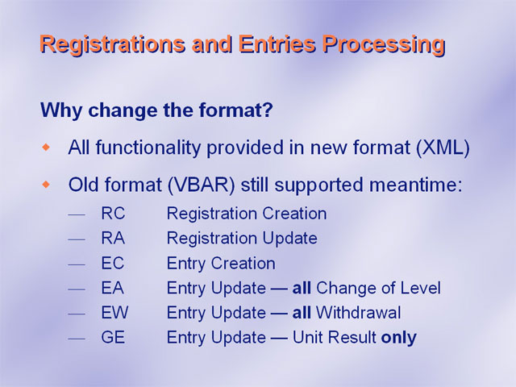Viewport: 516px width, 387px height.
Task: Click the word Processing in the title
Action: click(x=384, y=45)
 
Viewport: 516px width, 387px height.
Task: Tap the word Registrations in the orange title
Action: click(x=112, y=45)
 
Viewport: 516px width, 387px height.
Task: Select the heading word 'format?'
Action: click(x=235, y=110)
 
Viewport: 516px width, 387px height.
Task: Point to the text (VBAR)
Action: click(x=202, y=185)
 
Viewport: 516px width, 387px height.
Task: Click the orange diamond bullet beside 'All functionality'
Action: click(x=47, y=148)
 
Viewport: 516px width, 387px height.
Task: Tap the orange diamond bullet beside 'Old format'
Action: click(x=47, y=185)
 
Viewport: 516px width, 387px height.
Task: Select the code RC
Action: click(x=113, y=213)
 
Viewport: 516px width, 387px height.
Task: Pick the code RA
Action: click(x=113, y=238)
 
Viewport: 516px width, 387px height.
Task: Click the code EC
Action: click(x=113, y=263)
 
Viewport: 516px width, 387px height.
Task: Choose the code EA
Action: click(x=113, y=288)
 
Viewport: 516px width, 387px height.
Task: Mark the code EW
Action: click(x=114, y=312)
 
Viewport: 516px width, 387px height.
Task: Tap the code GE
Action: click(x=113, y=337)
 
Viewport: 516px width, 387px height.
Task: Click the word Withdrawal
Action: click(x=358, y=312)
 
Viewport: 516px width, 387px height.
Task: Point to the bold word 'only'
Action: click(x=398, y=338)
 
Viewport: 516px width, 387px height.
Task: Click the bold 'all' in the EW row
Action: click(x=302, y=312)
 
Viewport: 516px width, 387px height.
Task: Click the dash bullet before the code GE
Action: click(x=77, y=339)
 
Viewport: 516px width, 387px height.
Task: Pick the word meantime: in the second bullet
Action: click(x=416, y=185)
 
